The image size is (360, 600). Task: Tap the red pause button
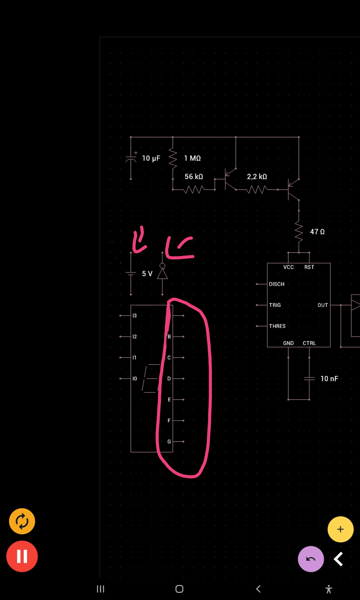[x=22, y=556]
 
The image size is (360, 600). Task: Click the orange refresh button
[x=22, y=521]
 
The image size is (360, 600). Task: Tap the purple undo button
[x=310, y=559]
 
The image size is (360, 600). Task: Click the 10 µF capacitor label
[x=151, y=158]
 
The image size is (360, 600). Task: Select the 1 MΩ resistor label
[x=192, y=158]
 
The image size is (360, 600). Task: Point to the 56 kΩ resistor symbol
[x=194, y=189]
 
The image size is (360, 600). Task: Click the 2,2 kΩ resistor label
[x=257, y=177]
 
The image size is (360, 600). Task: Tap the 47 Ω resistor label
[x=317, y=232]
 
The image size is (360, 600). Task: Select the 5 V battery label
[x=147, y=274]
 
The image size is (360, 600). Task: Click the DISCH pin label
[x=277, y=284]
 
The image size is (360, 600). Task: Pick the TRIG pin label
[x=275, y=305]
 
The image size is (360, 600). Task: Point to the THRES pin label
[x=277, y=326]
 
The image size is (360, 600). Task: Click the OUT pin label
[x=323, y=305]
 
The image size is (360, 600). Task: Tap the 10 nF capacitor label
[x=329, y=379]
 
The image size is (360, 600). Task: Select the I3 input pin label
[x=135, y=316]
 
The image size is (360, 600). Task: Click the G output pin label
[x=169, y=442]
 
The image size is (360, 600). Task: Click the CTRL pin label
[x=309, y=343]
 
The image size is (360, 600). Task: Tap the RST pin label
[x=309, y=267]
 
